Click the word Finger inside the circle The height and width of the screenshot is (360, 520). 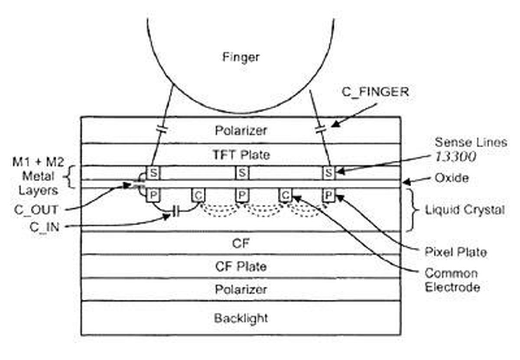point(241,57)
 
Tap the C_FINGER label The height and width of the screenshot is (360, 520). point(375,92)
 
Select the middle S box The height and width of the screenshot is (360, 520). point(242,173)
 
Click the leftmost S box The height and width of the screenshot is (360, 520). point(153,173)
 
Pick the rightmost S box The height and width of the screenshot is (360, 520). point(329,173)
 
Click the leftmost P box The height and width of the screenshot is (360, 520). point(153,195)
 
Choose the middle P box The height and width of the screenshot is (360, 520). point(242,195)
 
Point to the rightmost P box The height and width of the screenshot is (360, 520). point(329,195)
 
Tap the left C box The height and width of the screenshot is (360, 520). point(198,195)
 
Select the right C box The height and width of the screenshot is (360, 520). point(285,195)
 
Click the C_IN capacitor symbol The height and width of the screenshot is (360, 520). point(176,212)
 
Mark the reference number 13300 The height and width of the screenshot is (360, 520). point(455,157)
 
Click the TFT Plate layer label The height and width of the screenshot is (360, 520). point(241,155)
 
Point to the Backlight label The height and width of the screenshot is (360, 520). point(241,318)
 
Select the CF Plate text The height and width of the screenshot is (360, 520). point(241,267)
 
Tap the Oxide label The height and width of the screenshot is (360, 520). point(452,178)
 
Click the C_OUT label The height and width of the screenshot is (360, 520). point(36,210)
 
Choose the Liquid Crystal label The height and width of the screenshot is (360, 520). point(465,210)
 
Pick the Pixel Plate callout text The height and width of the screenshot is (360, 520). point(456,252)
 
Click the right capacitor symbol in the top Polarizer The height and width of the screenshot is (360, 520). point(321,129)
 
